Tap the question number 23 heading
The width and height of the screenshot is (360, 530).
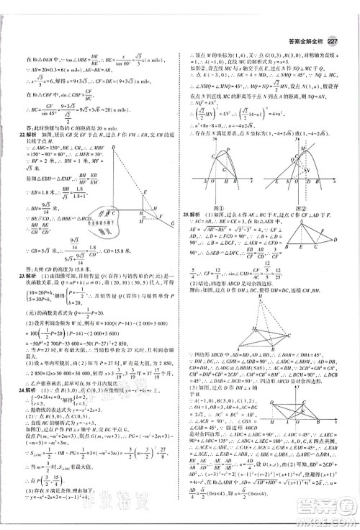click(22, 275)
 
